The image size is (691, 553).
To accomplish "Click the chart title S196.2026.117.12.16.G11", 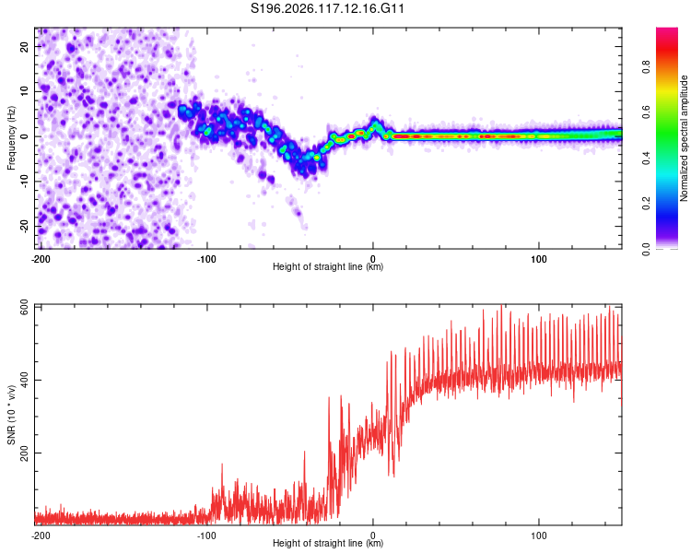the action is pyautogui.click(x=327, y=8).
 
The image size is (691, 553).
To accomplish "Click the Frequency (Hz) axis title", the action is pyautogui.click(x=11, y=137).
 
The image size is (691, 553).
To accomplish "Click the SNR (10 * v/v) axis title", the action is pyautogui.click(x=11, y=415).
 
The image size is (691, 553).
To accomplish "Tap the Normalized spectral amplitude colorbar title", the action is pyautogui.click(x=683, y=138).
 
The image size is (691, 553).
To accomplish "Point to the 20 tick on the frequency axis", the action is pyautogui.click(x=24, y=46).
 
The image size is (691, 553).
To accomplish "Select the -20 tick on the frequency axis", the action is pyautogui.click(x=24, y=227).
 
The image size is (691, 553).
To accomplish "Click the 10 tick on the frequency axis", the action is pyautogui.click(x=24, y=91).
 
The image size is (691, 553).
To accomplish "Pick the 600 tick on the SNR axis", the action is pyautogui.click(x=24, y=307).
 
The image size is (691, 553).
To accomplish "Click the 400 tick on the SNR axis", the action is pyautogui.click(x=24, y=380).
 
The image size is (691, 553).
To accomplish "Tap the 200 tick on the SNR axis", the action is pyautogui.click(x=24, y=453).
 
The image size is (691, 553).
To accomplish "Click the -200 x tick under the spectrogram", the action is pyautogui.click(x=41, y=259).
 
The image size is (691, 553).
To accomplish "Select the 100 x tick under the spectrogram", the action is pyautogui.click(x=539, y=259).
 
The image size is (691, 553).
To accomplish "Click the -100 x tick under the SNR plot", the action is pyautogui.click(x=206, y=535).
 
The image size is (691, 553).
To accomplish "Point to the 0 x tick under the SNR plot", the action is pyautogui.click(x=373, y=535).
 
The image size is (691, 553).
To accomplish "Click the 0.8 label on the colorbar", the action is pyautogui.click(x=646, y=67).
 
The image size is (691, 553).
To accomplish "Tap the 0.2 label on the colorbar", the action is pyautogui.click(x=646, y=204).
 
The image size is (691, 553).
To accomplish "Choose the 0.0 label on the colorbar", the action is pyautogui.click(x=646, y=249).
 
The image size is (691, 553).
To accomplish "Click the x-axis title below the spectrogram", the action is pyautogui.click(x=328, y=266).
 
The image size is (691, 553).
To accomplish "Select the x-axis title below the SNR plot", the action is pyautogui.click(x=328, y=543).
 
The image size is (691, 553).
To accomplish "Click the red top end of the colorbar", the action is pyautogui.click(x=667, y=29).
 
